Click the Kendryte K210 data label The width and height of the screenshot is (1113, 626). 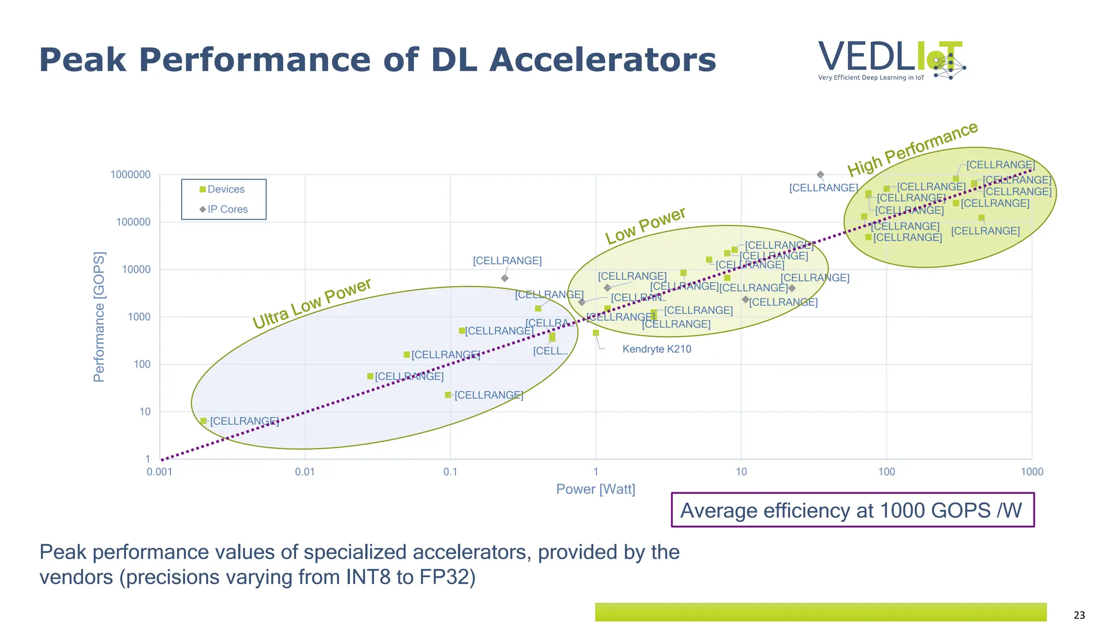[656, 349]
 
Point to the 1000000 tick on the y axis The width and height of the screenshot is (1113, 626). [130, 174]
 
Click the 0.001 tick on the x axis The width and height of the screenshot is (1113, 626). [159, 472]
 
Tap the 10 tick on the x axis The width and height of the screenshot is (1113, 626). [741, 472]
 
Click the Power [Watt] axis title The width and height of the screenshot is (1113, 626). [596, 489]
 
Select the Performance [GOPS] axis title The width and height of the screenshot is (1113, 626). [99, 317]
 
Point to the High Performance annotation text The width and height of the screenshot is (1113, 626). [913, 149]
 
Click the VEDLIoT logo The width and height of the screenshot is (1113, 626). [891, 60]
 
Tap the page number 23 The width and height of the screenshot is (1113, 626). [1079, 615]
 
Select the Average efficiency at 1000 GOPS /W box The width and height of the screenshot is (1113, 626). [852, 510]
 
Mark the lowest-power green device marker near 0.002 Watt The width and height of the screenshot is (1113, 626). [203, 421]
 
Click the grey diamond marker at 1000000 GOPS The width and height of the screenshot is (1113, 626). [821, 174]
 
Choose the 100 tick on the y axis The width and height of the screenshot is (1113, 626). [142, 364]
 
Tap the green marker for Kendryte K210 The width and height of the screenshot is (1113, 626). [596, 333]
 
